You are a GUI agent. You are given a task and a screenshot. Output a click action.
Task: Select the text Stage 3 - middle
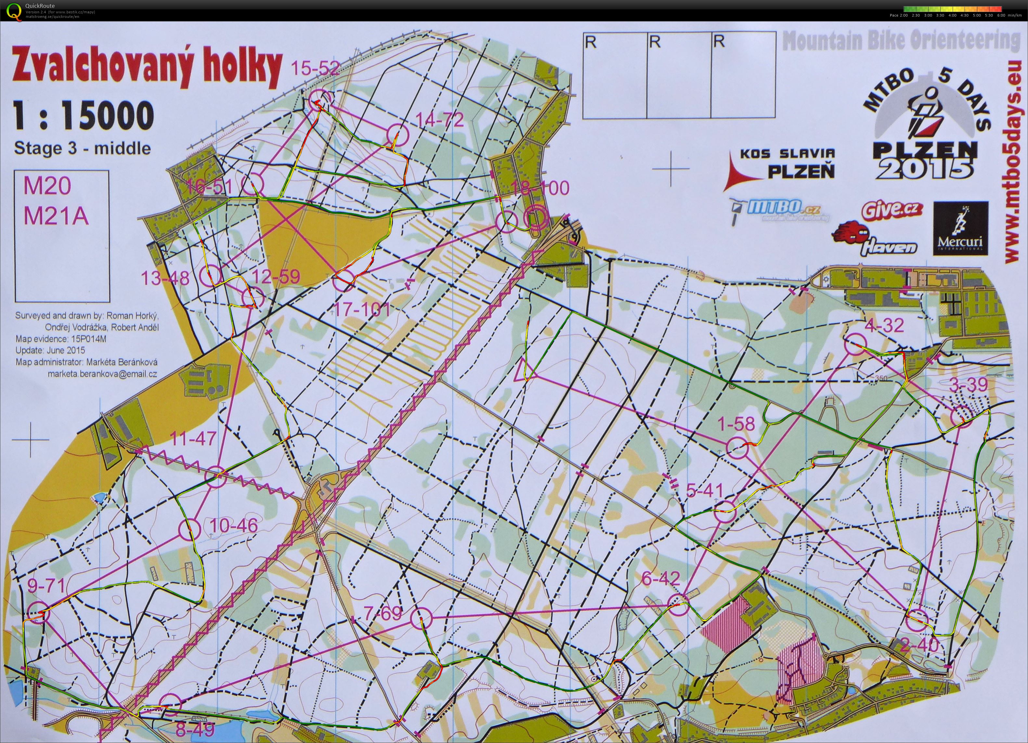[83, 148]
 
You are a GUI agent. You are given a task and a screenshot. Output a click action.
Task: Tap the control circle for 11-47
[216, 477]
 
